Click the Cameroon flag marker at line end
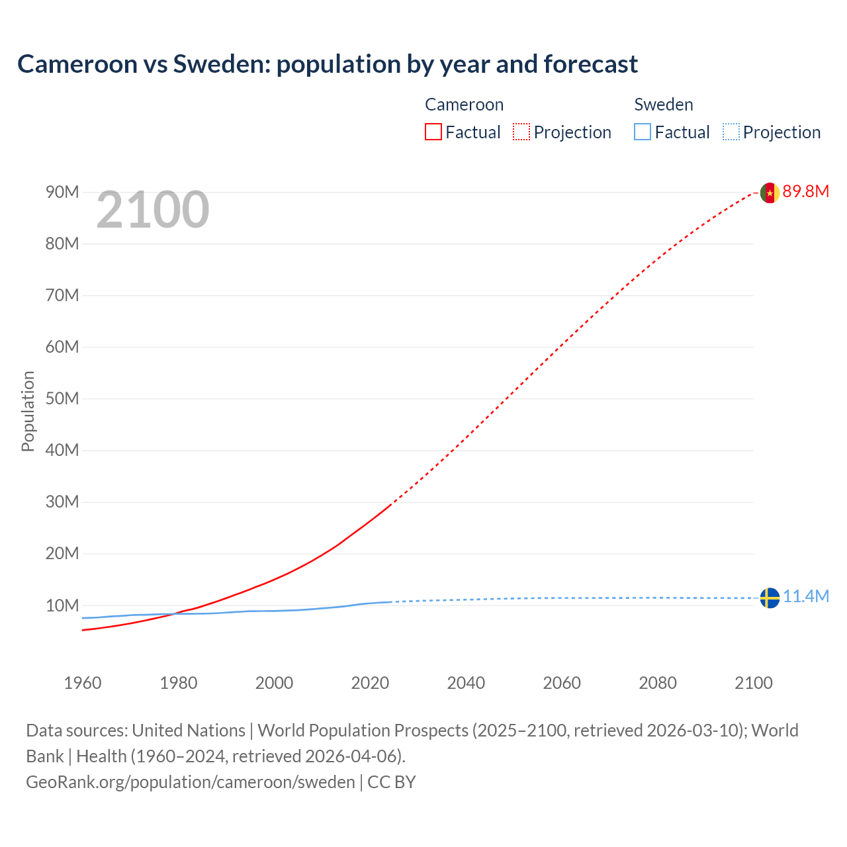(x=769, y=193)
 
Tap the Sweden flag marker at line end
(x=769, y=598)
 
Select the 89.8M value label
(x=805, y=192)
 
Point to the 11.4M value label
(x=805, y=597)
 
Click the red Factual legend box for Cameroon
(x=433, y=132)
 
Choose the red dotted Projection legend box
(x=521, y=132)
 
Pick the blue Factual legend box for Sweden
(x=642, y=132)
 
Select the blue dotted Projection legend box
(x=731, y=132)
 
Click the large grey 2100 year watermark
(x=153, y=210)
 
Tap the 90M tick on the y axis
(x=62, y=192)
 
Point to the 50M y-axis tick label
(x=62, y=398)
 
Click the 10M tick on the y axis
(x=62, y=605)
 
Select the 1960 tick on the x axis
(x=83, y=683)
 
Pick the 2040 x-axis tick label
(x=466, y=683)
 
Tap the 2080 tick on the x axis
(x=658, y=683)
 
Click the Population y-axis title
(x=28, y=411)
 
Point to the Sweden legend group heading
(x=663, y=105)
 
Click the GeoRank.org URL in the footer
(x=191, y=782)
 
